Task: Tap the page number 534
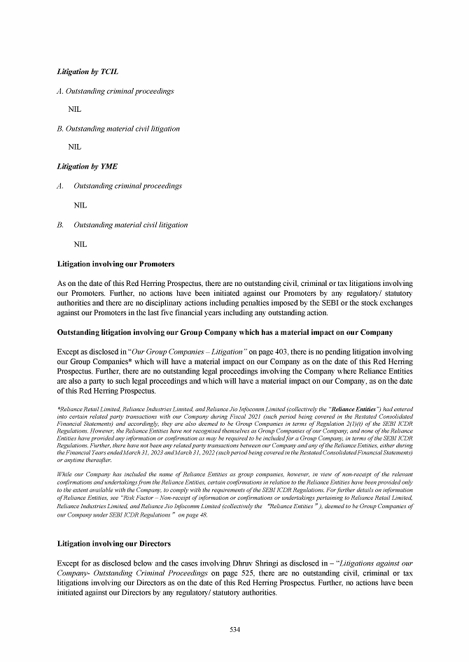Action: click(x=235, y=629)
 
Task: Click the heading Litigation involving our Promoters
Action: click(x=115, y=264)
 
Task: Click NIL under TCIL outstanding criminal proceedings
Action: click(x=75, y=110)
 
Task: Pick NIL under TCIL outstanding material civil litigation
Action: click(x=75, y=147)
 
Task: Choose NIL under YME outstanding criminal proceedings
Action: click(x=80, y=206)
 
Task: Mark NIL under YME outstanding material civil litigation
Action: click(x=80, y=245)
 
